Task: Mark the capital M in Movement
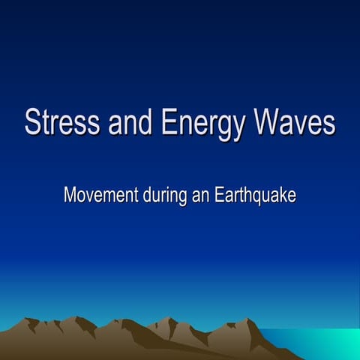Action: click(x=70, y=195)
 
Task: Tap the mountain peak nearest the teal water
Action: click(x=247, y=322)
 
